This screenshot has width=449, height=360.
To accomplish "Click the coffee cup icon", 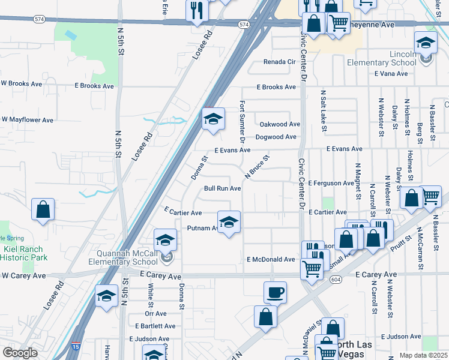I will point(275,292).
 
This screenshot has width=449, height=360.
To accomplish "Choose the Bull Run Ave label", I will point(222,188).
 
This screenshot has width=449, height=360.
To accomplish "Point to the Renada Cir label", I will point(280,62).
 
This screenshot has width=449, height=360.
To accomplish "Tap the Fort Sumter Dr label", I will point(243,121).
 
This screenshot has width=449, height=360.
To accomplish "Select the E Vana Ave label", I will point(393,74).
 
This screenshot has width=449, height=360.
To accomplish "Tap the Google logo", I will point(20,353).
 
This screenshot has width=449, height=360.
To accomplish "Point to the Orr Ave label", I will point(155,313).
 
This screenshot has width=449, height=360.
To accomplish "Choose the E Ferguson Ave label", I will point(331,182).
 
